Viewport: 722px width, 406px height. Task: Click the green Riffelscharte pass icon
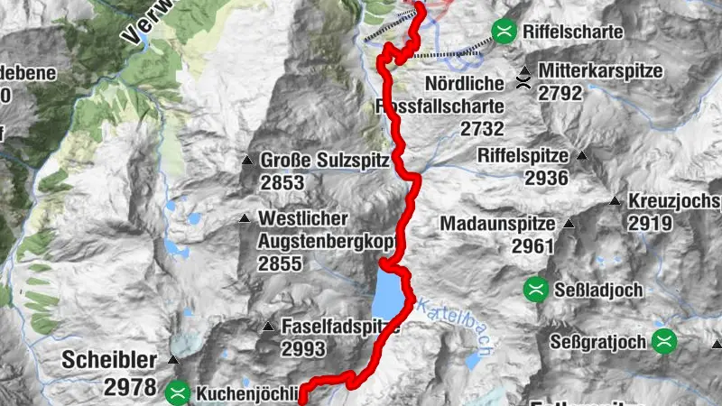point(504,32)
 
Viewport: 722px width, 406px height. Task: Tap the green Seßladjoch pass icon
point(536,289)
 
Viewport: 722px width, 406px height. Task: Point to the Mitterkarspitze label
point(600,69)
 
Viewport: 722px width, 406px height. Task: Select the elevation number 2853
point(281,182)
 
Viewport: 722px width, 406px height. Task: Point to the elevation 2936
point(546,178)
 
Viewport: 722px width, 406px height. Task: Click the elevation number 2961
point(536,245)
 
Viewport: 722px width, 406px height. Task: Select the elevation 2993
point(303,348)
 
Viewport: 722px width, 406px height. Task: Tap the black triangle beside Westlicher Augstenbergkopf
point(245,218)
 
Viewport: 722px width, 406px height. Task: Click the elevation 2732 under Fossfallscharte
point(482,129)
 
